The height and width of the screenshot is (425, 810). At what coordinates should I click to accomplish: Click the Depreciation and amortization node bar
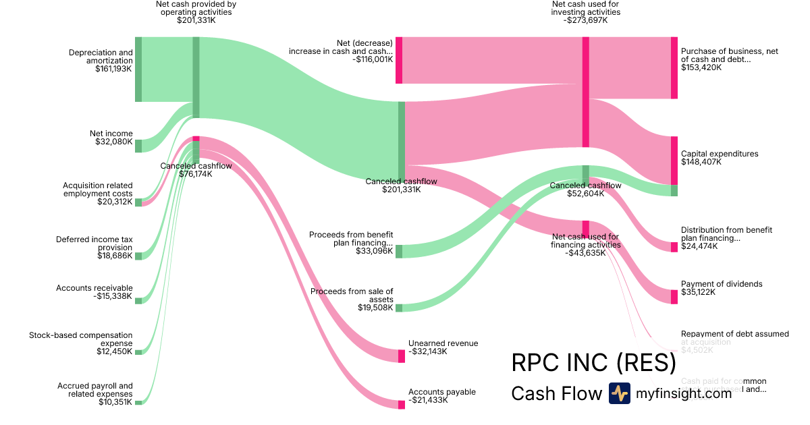pyautogui.click(x=138, y=69)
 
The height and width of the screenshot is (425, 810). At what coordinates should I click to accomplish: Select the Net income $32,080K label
pyautogui.click(x=111, y=138)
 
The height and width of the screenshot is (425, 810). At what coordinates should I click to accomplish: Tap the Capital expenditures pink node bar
pyautogui.click(x=674, y=161)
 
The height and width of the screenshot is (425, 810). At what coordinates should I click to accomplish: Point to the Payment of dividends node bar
pyautogui.click(x=674, y=297)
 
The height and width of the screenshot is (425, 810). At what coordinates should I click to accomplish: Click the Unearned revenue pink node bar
pyautogui.click(x=402, y=356)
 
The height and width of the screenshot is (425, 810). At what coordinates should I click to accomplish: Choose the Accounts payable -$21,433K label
pyautogui.click(x=442, y=397)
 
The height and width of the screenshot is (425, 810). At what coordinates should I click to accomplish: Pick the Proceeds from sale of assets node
pyautogui.click(x=399, y=308)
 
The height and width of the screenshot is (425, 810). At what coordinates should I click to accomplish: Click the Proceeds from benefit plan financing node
pyautogui.click(x=399, y=251)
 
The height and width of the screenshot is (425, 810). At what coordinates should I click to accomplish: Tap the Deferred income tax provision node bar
pyautogui.click(x=138, y=256)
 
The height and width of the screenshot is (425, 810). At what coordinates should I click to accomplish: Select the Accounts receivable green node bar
pyautogui.click(x=138, y=300)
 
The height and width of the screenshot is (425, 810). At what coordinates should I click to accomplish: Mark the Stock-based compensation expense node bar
pyautogui.click(x=138, y=351)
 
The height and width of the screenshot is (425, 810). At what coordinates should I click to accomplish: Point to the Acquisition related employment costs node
pyautogui.click(x=138, y=202)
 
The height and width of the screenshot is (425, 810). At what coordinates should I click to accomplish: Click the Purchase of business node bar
pyautogui.click(x=674, y=68)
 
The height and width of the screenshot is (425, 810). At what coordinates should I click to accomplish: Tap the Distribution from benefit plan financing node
pyautogui.click(x=674, y=247)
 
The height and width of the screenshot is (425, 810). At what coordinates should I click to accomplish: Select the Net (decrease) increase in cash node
pyautogui.click(x=399, y=61)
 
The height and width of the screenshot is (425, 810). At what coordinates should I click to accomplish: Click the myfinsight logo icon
pyautogui.click(x=619, y=393)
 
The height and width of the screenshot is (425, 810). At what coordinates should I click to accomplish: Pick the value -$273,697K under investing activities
pyautogui.click(x=585, y=20)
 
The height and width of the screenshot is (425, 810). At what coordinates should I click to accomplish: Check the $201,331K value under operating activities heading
pyautogui.click(x=196, y=20)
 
